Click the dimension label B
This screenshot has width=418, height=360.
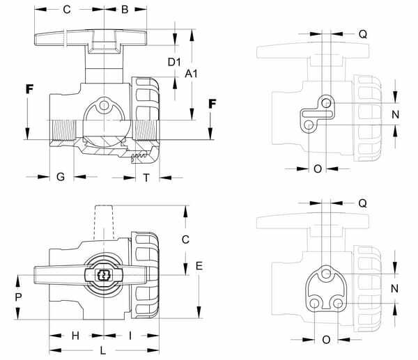[x=125, y=10]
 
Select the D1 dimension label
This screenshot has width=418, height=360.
[x=174, y=62]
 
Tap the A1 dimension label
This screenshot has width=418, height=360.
[x=191, y=74]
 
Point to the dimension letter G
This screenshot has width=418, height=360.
[x=61, y=177]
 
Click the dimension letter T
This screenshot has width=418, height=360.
[x=146, y=178]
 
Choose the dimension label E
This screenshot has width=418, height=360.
[x=199, y=266]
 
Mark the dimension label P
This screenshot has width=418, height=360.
[x=18, y=297]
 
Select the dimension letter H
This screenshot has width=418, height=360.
[x=75, y=336]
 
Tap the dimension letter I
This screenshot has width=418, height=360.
[x=130, y=336]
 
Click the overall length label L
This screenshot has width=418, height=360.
[x=103, y=351]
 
